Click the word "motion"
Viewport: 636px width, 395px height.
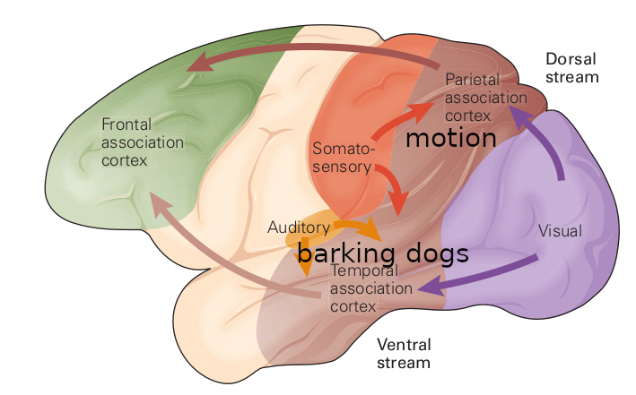click(x=450, y=139)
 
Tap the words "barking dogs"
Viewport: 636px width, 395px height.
click(x=383, y=253)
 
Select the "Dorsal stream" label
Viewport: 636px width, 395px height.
click(x=571, y=67)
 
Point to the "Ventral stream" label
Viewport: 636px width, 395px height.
click(x=404, y=354)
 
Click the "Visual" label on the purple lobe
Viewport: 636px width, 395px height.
click(x=560, y=231)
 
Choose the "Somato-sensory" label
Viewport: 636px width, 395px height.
click(x=342, y=157)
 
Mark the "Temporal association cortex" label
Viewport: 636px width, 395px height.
click(x=371, y=288)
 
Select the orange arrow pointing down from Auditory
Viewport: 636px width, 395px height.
click(x=306, y=251)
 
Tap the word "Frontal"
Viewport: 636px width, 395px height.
click(x=127, y=125)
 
